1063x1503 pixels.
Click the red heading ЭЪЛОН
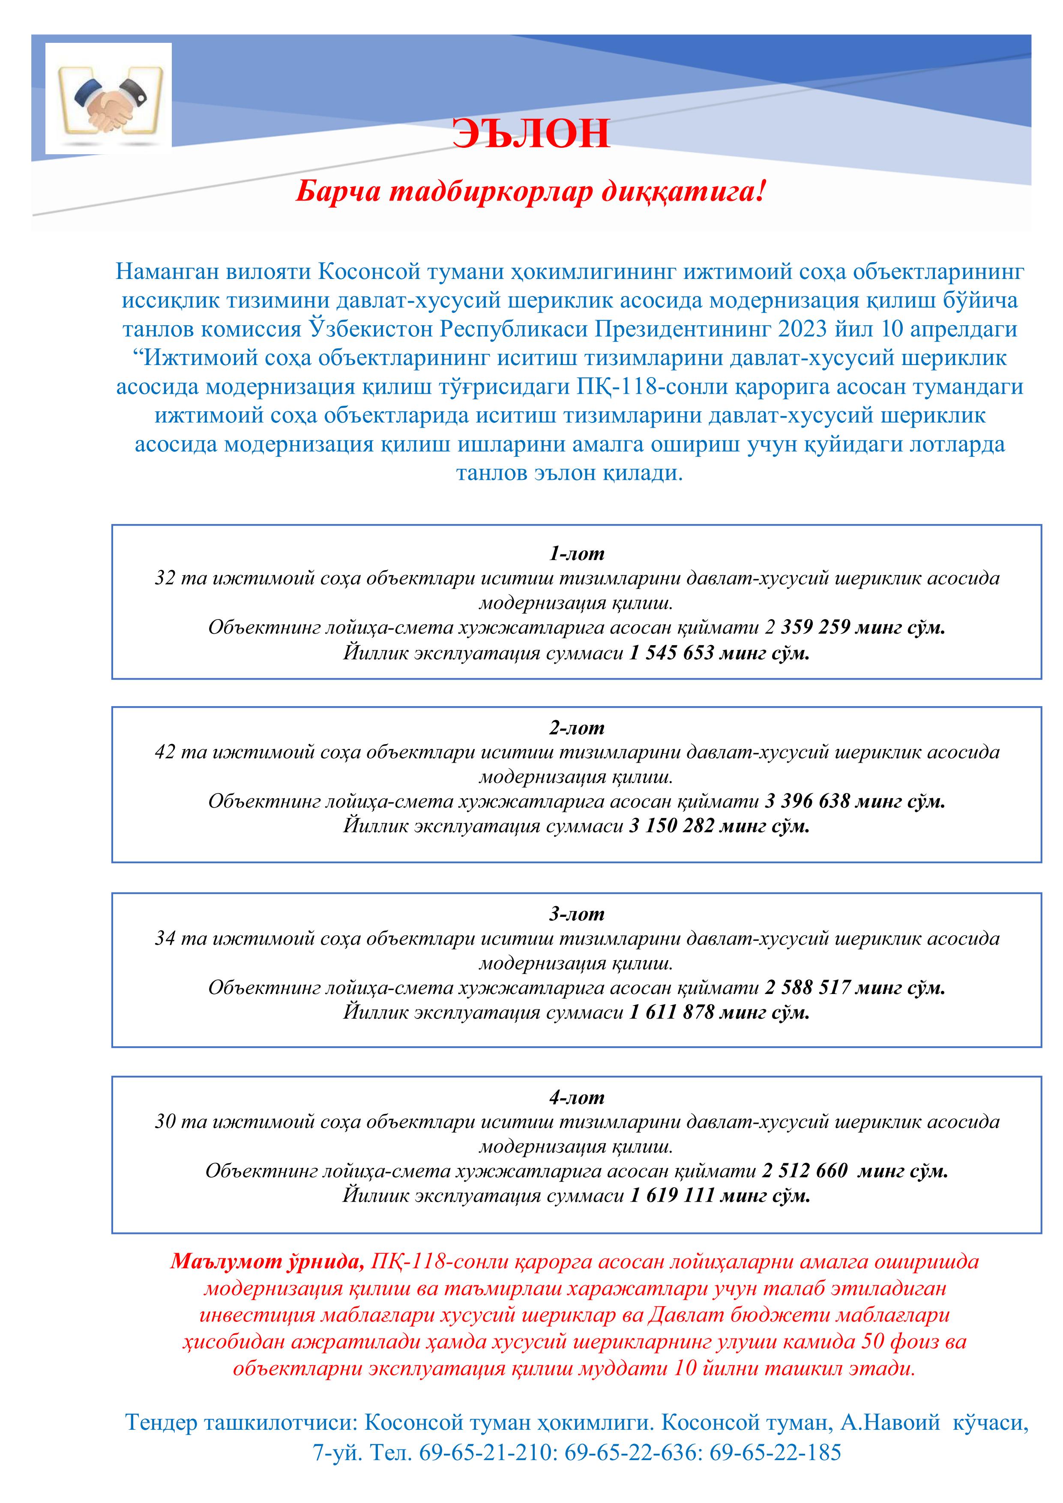tap(531, 134)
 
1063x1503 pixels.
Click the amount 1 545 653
tap(671, 653)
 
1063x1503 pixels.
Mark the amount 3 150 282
tap(671, 826)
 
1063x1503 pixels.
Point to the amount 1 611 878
tap(671, 1013)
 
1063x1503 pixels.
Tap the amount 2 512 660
tap(805, 1171)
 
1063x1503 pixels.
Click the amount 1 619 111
tap(671, 1196)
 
